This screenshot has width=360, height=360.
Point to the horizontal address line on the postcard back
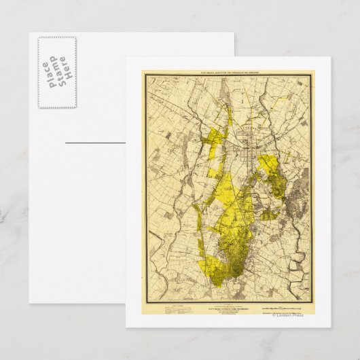(x=95, y=143)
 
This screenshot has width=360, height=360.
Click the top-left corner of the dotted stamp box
(x=39, y=37)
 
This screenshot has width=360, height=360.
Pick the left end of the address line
(x=65, y=143)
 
